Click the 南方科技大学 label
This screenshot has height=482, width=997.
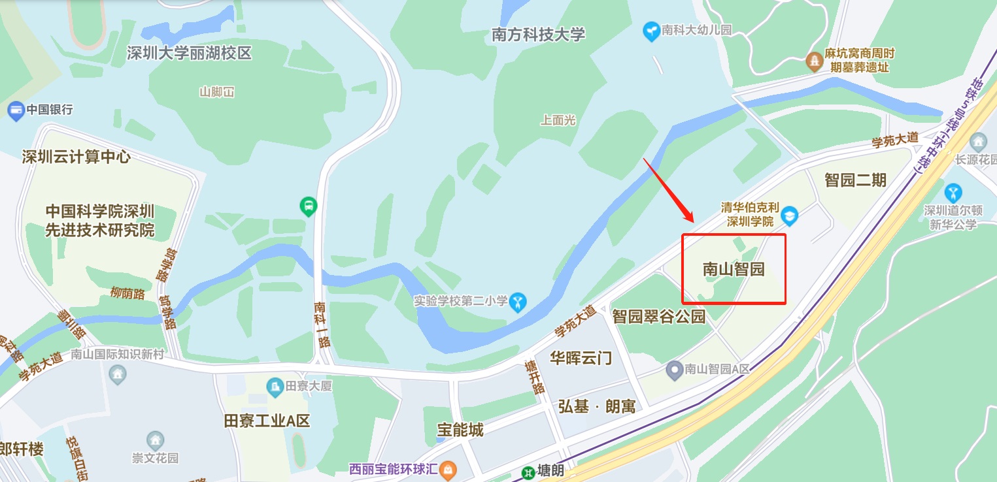[x=538, y=35]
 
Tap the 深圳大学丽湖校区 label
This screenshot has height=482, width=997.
[x=190, y=53]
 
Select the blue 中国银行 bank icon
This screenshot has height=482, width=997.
[x=15, y=110]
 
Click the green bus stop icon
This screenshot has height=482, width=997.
[x=308, y=208]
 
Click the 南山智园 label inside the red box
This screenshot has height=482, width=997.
[x=734, y=269]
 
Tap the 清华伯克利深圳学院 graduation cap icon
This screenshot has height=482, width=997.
[x=790, y=214]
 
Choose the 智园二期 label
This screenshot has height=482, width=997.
[x=855, y=180]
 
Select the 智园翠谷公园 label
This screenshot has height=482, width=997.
[x=659, y=317]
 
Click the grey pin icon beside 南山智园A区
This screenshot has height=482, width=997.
[x=674, y=370]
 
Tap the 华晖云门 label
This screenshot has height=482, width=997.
[x=581, y=357]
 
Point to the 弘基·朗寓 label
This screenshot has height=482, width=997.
[x=597, y=406]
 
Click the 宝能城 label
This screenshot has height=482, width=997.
[x=460, y=429]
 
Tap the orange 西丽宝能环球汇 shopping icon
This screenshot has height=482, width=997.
[x=448, y=469]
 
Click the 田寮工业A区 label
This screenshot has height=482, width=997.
[x=267, y=420]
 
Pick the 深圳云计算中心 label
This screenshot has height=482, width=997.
[x=76, y=157]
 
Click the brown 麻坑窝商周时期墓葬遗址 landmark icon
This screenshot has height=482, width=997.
[x=814, y=61]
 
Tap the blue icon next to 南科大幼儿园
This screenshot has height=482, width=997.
[x=651, y=31]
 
